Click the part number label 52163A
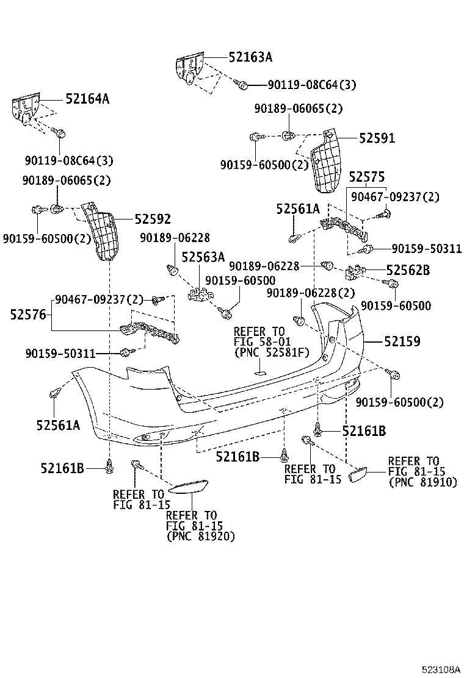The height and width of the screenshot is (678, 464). click(x=250, y=57)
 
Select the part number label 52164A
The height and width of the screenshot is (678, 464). click(x=87, y=98)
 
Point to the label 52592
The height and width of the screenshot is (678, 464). click(x=153, y=219)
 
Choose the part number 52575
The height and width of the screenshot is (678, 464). click(x=366, y=177)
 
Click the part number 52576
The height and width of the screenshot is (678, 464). click(x=28, y=315)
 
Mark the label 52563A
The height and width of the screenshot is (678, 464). click(x=203, y=257)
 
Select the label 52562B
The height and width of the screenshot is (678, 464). click(x=408, y=269)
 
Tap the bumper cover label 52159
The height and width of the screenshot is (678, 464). click(x=402, y=342)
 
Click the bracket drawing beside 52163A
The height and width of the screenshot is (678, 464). click(x=191, y=69)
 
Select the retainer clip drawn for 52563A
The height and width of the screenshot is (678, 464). click(x=199, y=294)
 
